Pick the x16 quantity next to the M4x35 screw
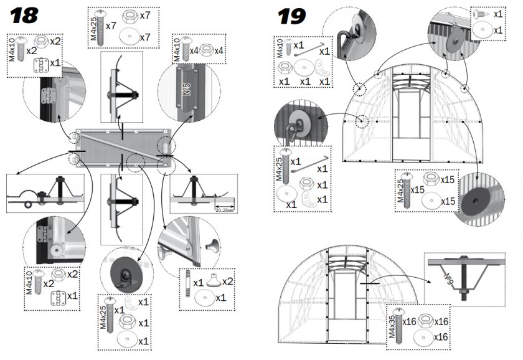click(408, 322)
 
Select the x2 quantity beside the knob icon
click(228, 282)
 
